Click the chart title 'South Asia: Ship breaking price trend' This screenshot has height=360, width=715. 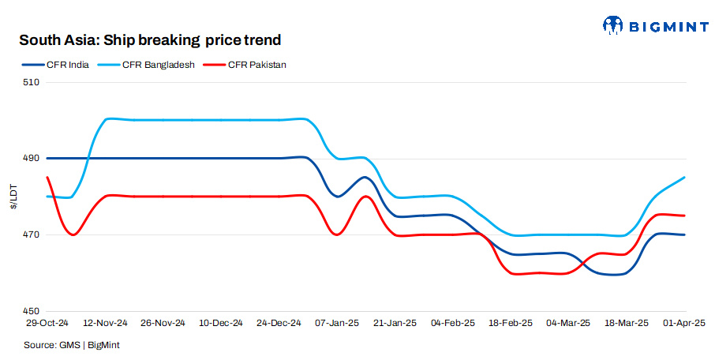point(150,40)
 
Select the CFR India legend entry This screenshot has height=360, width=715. point(67,65)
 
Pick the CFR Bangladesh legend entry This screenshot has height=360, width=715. point(159,65)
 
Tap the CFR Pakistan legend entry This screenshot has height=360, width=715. point(256,65)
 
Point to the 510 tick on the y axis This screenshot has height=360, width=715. point(32,82)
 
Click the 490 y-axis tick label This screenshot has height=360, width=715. point(32,159)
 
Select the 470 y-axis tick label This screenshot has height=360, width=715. point(32,235)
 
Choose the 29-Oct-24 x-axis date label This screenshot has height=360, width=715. point(46,324)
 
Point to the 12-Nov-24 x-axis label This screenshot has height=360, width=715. point(106,324)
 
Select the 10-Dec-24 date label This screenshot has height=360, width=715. point(222,324)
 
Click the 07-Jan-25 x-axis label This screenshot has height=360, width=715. point(337,324)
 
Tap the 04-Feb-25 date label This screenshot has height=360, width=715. point(453,324)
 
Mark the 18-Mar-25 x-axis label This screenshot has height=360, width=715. point(627,324)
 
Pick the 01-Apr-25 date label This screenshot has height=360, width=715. point(684,324)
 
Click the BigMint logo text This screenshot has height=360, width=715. point(667,26)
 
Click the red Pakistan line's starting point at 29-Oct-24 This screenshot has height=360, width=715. point(47,178)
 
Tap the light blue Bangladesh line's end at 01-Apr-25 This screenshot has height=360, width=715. point(684,178)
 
